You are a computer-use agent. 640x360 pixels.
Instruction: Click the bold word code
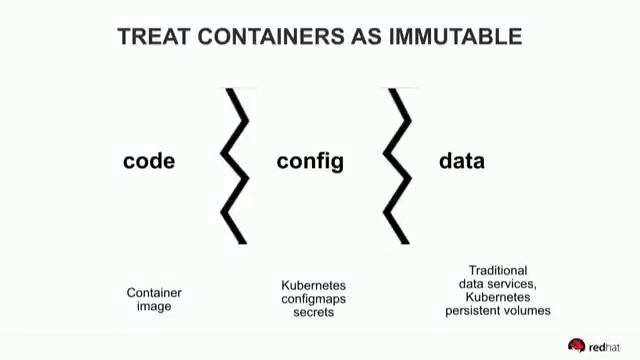[149, 161]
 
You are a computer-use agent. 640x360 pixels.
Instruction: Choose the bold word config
[310, 161]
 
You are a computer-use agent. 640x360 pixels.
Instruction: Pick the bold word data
[462, 161]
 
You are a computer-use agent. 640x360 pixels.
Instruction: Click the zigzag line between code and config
[236, 165]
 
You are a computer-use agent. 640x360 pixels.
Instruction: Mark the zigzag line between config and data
[400, 165]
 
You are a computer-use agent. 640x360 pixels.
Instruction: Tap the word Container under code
[154, 293]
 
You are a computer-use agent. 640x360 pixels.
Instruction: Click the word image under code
[154, 306]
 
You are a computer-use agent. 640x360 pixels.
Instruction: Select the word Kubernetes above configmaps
[313, 286]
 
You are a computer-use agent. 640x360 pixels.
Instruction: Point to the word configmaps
[313, 299]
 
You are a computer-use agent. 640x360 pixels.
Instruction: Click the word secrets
[313, 312]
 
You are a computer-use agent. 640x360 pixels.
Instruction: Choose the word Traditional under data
[498, 271]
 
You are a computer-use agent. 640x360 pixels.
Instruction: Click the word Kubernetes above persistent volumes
[498, 297]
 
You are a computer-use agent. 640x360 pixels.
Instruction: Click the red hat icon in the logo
[576, 345]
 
